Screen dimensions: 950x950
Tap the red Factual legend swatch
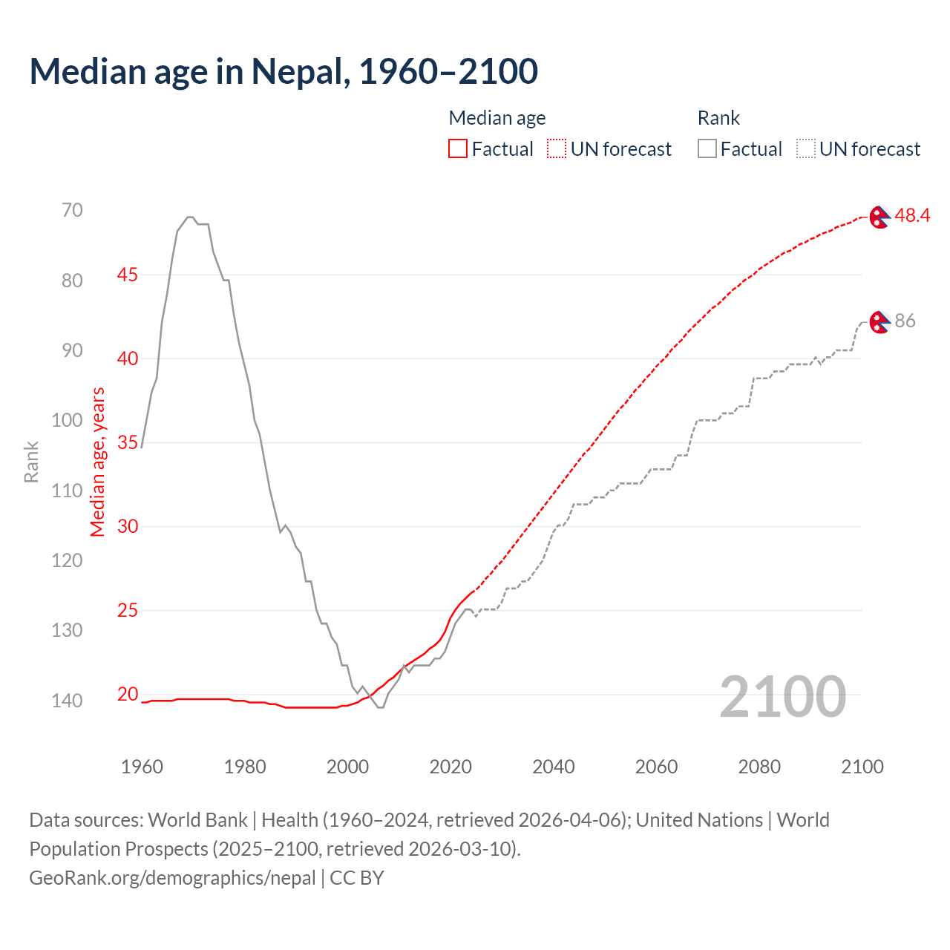click(x=458, y=149)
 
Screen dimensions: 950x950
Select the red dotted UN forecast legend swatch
click(x=557, y=149)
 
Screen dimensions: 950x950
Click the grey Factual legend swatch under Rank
click(x=707, y=149)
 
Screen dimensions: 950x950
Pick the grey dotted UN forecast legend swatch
click(x=806, y=149)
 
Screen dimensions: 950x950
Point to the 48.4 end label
click(x=912, y=216)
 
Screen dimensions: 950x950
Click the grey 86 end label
click(x=905, y=321)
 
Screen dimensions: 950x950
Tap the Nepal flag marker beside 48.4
click(x=879, y=217)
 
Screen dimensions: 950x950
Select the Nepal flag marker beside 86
click(x=879, y=322)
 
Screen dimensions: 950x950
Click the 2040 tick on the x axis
click(x=554, y=767)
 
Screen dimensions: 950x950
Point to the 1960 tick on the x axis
click(x=142, y=767)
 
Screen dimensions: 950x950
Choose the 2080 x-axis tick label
click(x=759, y=767)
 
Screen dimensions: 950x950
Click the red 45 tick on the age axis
click(x=128, y=275)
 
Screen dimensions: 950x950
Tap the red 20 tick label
click(x=128, y=694)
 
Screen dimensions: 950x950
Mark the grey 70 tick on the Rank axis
click(x=72, y=210)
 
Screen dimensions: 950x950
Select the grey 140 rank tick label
click(x=68, y=701)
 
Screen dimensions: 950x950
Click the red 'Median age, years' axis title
click(x=98, y=462)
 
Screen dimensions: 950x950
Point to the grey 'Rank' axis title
click(x=31, y=462)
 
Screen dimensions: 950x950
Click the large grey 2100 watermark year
click(x=783, y=696)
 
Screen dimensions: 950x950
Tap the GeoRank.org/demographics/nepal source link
click(x=172, y=878)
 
